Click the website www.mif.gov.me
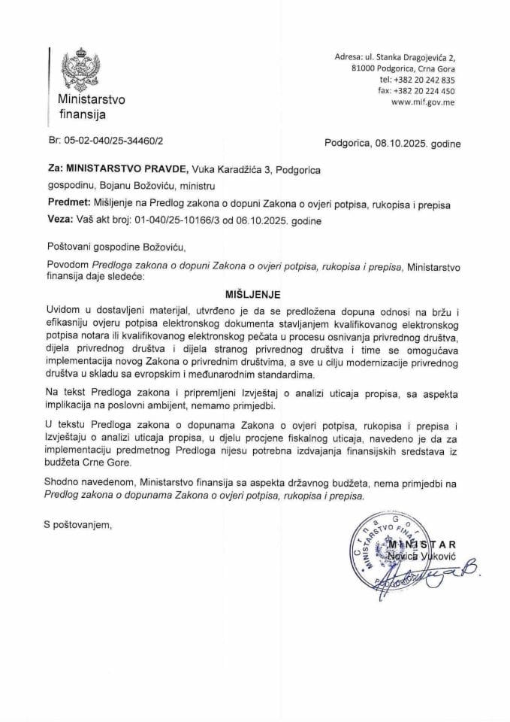point(423,103)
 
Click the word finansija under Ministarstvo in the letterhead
point(83,115)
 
